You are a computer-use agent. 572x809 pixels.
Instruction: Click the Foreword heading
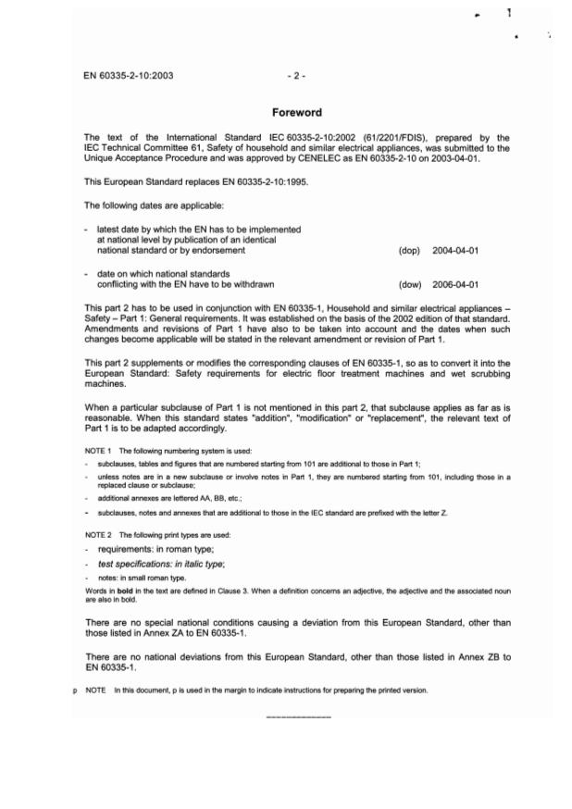pyautogui.click(x=296, y=113)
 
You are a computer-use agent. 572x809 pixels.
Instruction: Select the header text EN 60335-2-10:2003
pyautogui.click(x=128, y=75)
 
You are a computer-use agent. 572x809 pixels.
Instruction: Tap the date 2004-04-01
pyautogui.click(x=454, y=250)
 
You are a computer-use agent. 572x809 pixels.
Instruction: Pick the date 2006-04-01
pyautogui.click(x=454, y=284)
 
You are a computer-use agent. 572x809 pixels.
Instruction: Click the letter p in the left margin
pyautogui.click(x=76, y=691)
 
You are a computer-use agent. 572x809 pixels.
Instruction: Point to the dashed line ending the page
pyautogui.click(x=298, y=717)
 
